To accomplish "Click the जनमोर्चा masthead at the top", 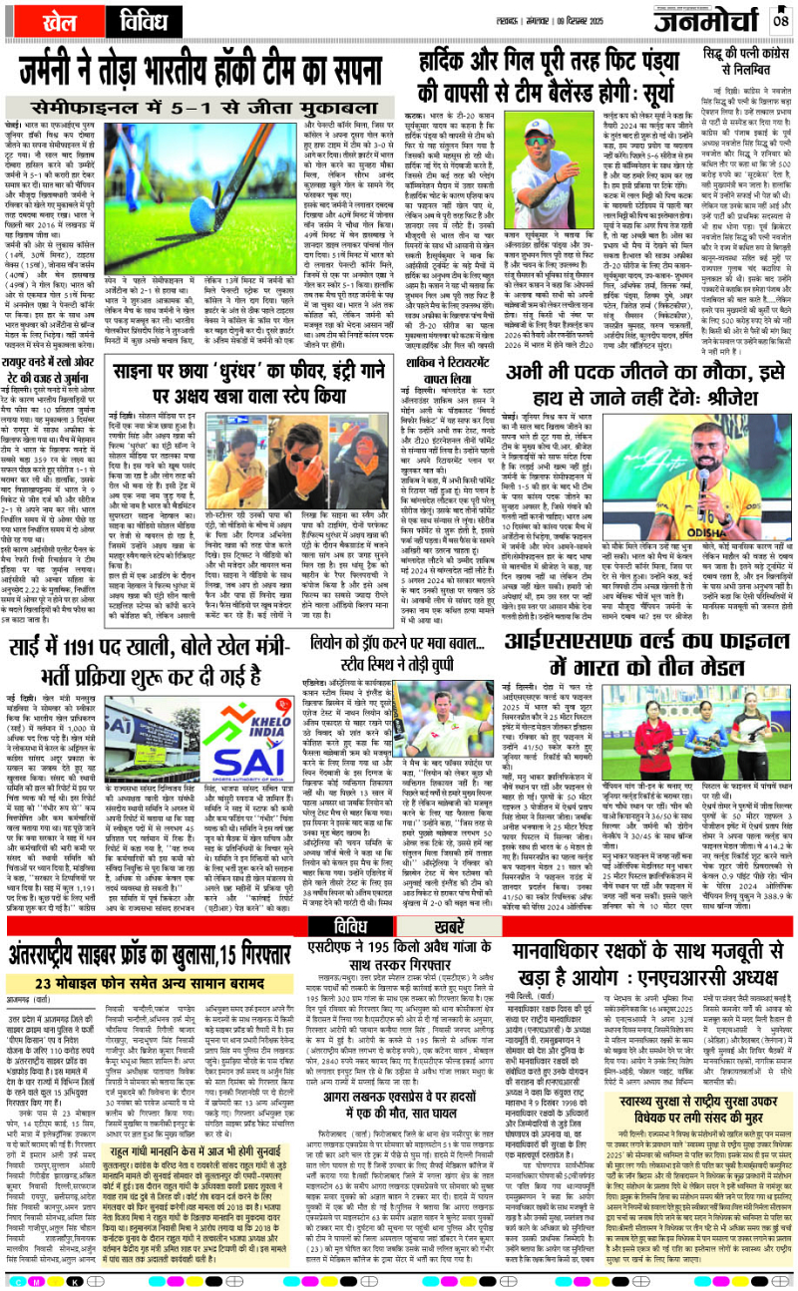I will [704, 21].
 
